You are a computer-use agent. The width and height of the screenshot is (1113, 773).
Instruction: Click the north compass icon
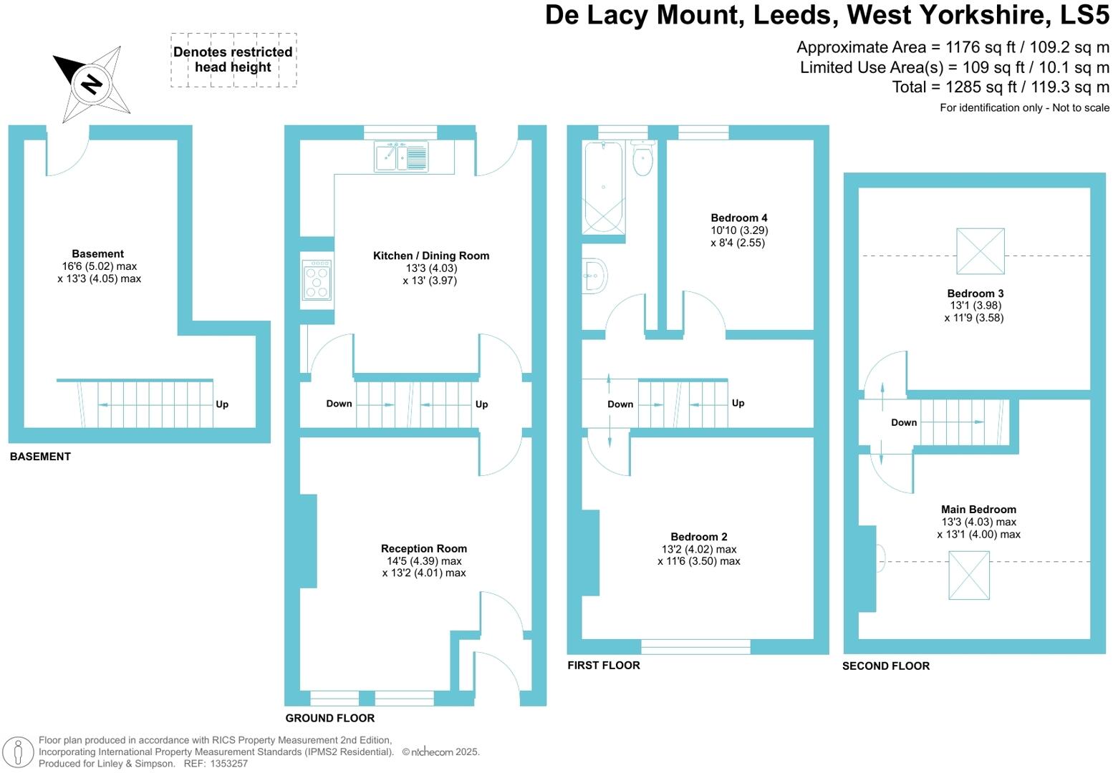pyautogui.click(x=92, y=84)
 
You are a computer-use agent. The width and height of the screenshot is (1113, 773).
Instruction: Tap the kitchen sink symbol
pyautogui.click(x=401, y=157)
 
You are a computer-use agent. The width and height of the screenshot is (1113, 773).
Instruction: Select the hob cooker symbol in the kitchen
pyautogui.click(x=317, y=278)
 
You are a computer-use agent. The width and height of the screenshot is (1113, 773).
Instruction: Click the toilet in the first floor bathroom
pyautogui.click(x=642, y=159)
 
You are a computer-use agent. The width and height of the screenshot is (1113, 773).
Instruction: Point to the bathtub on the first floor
pyautogui.click(x=603, y=187)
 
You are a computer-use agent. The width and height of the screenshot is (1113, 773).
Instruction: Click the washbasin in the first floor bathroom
pyautogui.click(x=594, y=276)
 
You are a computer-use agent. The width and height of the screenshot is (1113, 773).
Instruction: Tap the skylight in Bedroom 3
pyautogui.click(x=980, y=251)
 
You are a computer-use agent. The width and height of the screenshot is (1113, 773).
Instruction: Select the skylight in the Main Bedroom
pyautogui.click(x=968, y=575)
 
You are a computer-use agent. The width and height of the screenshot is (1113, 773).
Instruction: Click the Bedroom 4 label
pyautogui.click(x=738, y=218)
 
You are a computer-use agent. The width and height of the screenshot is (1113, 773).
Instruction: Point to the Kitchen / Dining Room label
pyautogui.click(x=431, y=256)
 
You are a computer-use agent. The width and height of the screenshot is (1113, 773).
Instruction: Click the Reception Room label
pyautogui.click(x=423, y=548)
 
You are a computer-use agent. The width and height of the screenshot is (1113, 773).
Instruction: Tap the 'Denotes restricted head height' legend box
pyautogui.click(x=233, y=60)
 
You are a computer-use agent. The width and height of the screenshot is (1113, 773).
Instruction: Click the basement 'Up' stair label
pyautogui.click(x=222, y=404)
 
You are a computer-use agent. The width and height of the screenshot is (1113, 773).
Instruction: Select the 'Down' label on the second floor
pyautogui.click(x=903, y=422)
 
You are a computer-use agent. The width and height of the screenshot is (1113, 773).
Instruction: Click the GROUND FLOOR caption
pyautogui.click(x=329, y=718)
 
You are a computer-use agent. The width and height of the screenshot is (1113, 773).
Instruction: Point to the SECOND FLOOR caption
pyautogui.click(x=885, y=666)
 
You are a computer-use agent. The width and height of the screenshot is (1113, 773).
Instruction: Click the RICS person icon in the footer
pyautogui.click(x=19, y=752)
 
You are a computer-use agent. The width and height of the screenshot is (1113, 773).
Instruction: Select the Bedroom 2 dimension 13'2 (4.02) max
pyautogui.click(x=698, y=549)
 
